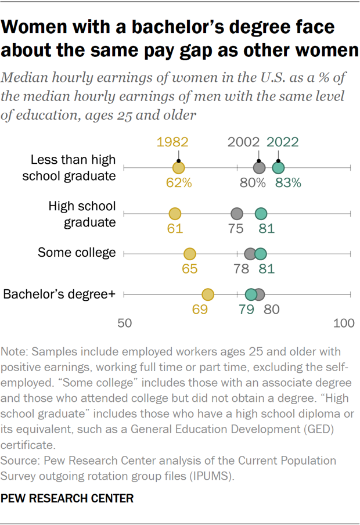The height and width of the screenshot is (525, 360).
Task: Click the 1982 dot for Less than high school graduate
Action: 178,168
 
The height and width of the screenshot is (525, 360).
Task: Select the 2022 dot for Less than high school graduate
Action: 279,168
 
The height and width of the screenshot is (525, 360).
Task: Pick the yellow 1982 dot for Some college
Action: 190,254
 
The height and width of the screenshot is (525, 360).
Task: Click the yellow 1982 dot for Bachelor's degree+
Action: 207,295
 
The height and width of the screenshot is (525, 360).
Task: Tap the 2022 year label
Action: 283,143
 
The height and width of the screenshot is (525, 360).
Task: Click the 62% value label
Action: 178,183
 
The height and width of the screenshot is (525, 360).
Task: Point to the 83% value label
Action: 288,183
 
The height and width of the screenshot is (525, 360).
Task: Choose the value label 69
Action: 200,310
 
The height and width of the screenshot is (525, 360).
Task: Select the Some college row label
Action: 77,253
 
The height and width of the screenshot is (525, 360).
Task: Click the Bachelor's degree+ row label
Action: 60,294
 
